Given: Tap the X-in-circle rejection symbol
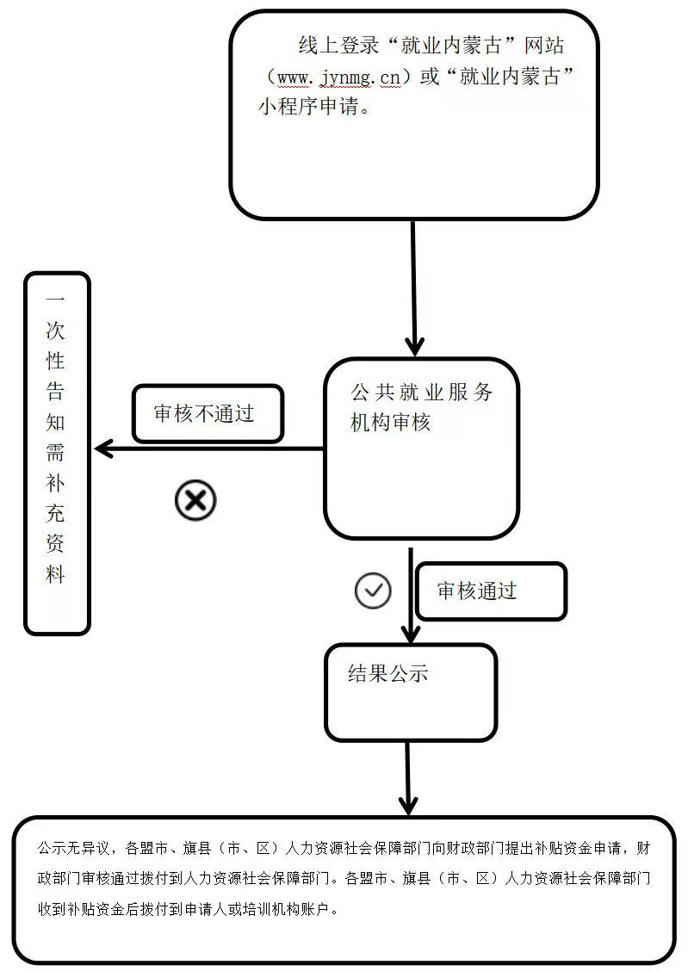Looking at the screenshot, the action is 195,500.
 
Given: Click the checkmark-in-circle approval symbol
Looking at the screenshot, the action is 373,591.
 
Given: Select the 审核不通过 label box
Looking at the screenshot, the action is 208,414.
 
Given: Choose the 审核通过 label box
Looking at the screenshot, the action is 491,591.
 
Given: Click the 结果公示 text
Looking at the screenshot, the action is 388,673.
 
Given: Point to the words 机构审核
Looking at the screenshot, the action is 390,423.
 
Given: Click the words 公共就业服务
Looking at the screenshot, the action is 422,392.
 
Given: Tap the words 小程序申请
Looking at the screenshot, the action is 308,107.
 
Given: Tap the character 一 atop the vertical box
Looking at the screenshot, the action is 55,300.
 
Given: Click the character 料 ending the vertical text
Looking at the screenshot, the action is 55,575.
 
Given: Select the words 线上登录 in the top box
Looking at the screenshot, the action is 338,46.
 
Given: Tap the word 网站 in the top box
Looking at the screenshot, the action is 544,46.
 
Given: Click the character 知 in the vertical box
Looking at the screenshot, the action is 55,423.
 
